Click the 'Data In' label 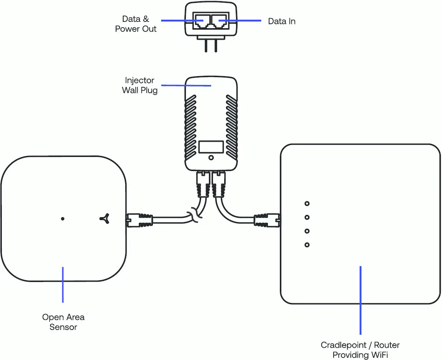(x=282, y=22)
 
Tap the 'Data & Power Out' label (x=136, y=24)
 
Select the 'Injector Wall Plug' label (x=140, y=85)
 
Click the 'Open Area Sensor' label (x=63, y=322)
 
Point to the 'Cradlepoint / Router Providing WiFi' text (x=360, y=350)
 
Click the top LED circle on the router (x=307, y=203)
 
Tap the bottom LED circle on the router (x=307, y=245)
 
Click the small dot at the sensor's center (x=63, y=219)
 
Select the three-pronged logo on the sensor (x=105, y=219)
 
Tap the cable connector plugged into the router (x=267, y=220)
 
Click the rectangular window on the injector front (x=211, y=147)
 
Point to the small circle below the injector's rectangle (x=211, y=158)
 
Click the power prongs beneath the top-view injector (x=211, y=45)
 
